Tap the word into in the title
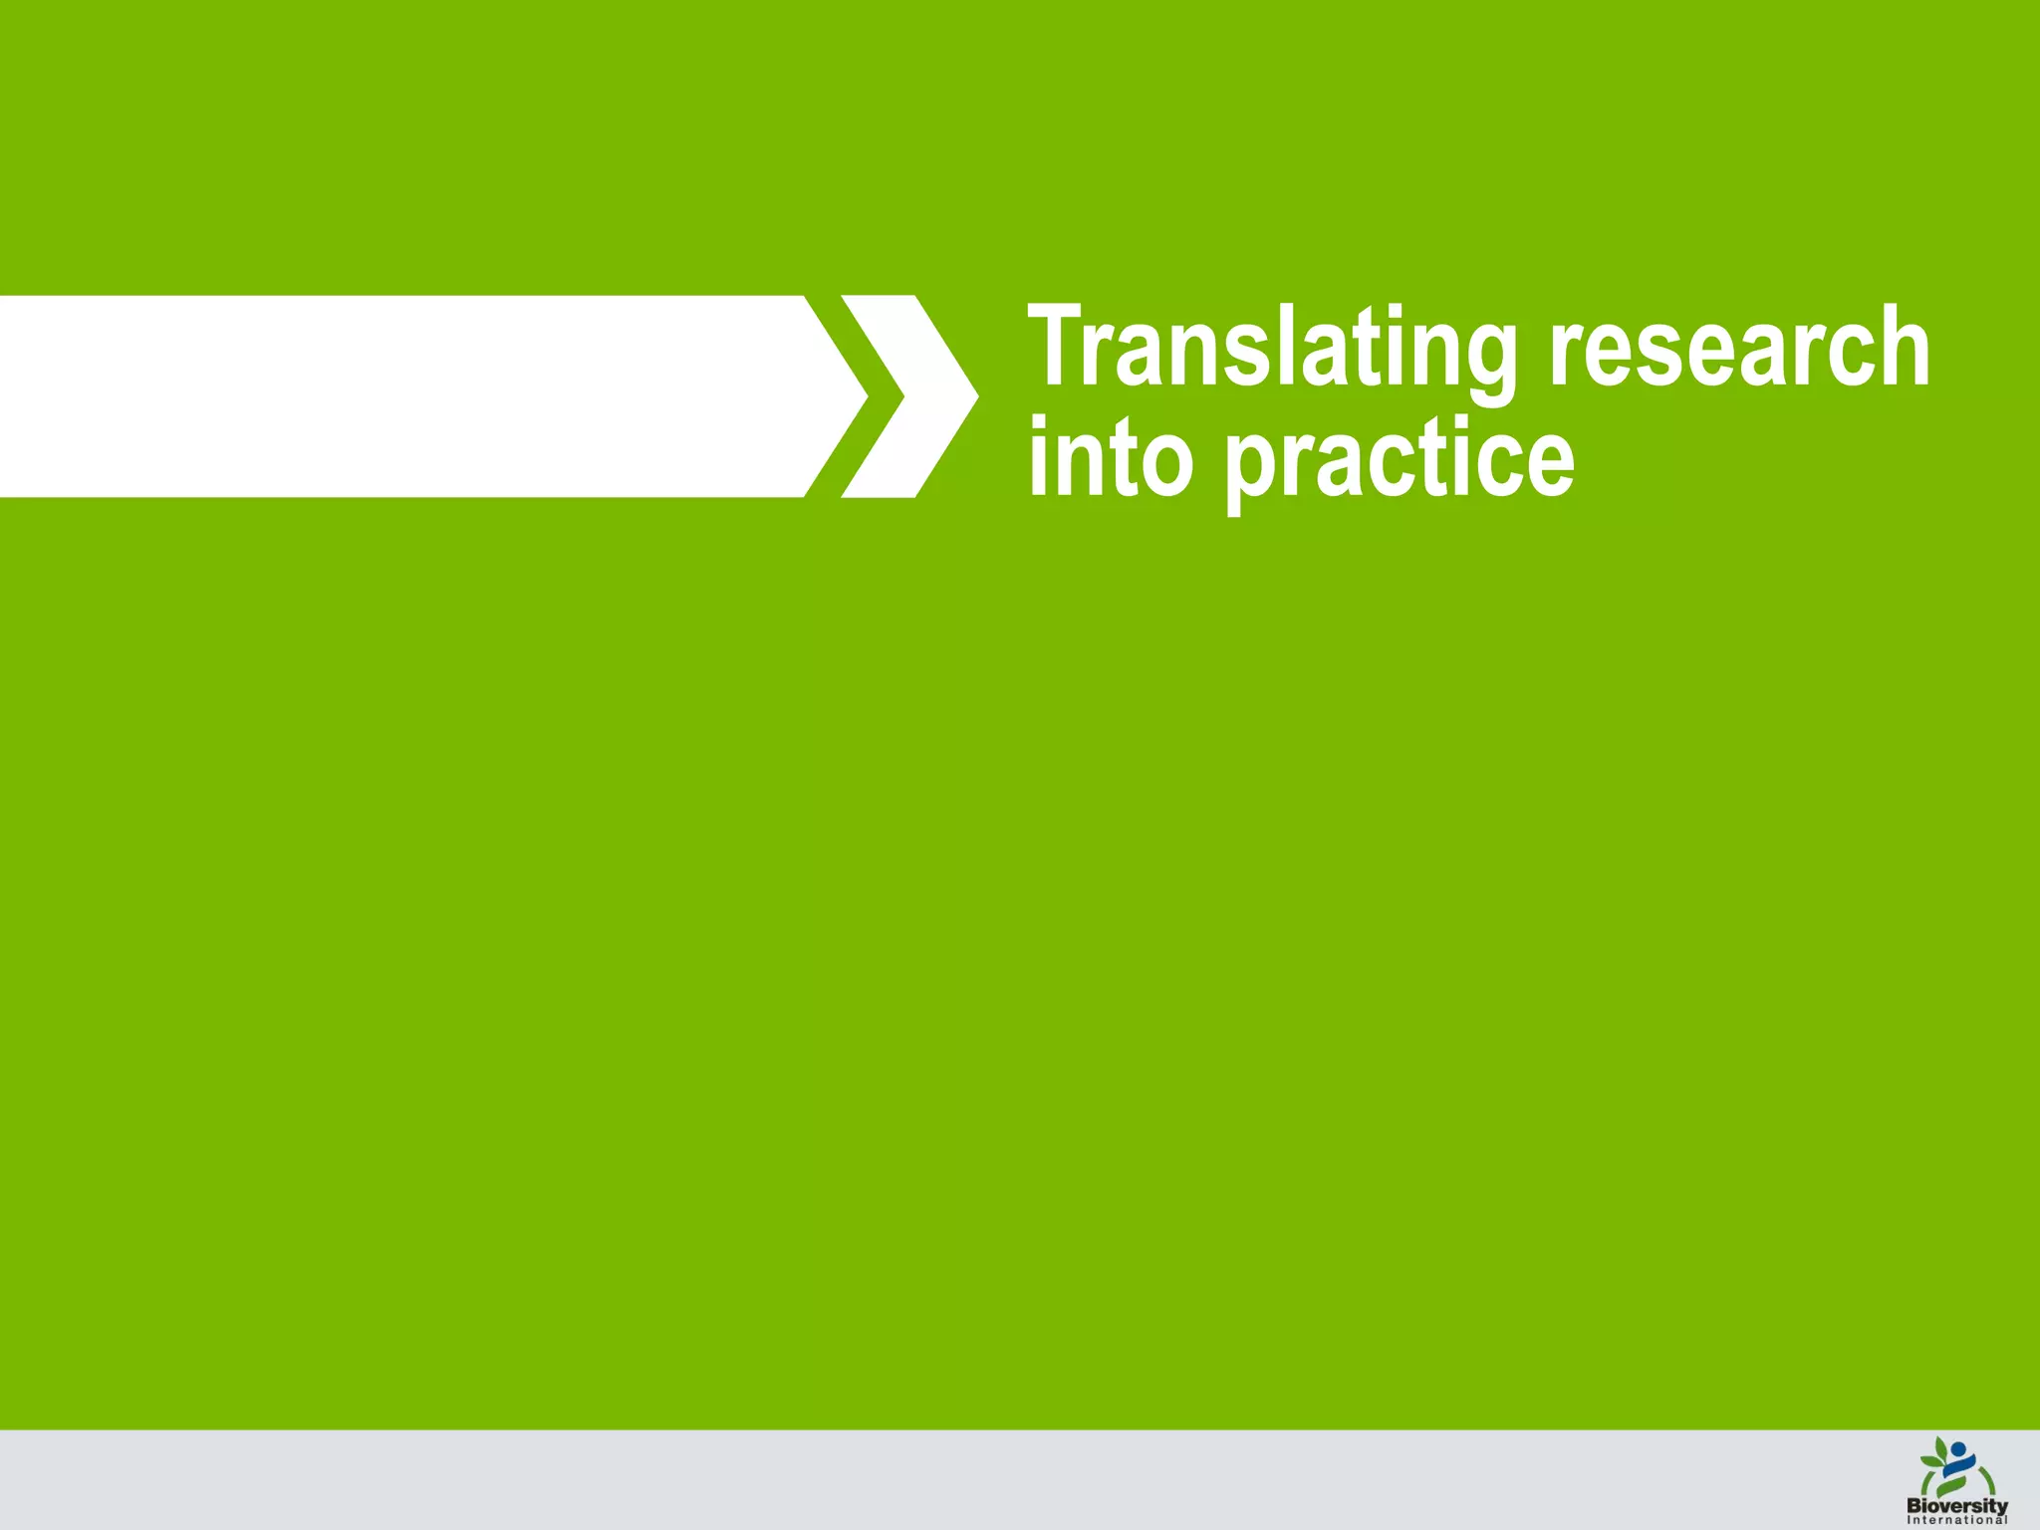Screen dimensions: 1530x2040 [x=1110, y=458]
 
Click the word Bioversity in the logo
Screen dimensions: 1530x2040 [x=1957, y=1507]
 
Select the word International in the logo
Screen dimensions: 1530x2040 [x=1957, y=1520]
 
